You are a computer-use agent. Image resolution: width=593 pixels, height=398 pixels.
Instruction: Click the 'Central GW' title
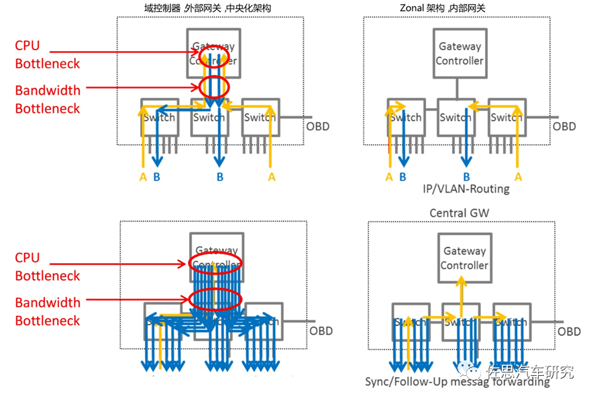coord(460,213)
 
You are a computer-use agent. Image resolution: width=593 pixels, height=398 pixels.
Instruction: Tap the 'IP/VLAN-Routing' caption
coord(466,189)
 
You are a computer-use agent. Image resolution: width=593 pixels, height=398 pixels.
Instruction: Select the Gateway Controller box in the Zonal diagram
coord(460,54)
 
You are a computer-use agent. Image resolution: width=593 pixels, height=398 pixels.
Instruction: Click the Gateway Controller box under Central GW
coord(464,258)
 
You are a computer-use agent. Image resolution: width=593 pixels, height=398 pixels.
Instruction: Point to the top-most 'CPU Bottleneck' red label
coord(47,54)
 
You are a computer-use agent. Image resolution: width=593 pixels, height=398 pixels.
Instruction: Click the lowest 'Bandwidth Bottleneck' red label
coord(47,311)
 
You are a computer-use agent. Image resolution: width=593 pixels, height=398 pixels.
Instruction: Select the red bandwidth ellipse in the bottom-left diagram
coord(215,299)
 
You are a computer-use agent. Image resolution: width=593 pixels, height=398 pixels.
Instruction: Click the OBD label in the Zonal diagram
coord(564,126)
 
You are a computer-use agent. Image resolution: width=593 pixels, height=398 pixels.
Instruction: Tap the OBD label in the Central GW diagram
coord(569,332)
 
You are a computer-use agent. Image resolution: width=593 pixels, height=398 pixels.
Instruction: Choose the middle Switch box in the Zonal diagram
coord(455,118)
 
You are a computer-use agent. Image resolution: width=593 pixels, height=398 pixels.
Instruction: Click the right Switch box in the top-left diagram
coord(260,118)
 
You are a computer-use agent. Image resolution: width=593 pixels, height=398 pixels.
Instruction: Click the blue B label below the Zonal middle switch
coord(466,177)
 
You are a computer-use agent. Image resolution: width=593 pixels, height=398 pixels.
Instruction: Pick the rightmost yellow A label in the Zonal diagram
coord(517,177)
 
